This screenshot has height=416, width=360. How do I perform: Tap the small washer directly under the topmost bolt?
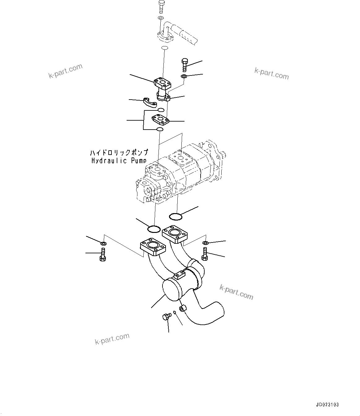pos(161,19)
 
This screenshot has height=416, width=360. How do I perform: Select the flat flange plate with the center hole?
pos(160,120)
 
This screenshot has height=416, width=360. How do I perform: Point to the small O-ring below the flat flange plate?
pos(160,129)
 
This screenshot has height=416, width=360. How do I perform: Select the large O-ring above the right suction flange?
pos(176,216)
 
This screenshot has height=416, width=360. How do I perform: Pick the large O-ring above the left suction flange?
pos(154,229)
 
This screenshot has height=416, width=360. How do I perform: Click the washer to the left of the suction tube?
pos(103,244)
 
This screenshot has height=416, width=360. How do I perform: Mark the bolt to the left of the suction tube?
pos(103,255)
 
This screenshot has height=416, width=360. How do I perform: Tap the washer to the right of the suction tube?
pos(205,242)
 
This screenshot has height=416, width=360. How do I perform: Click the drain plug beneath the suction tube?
pos(166,316)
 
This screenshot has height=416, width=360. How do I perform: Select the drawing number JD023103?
pos(327,405)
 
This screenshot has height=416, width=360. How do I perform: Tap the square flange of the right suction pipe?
pos(176,234)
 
